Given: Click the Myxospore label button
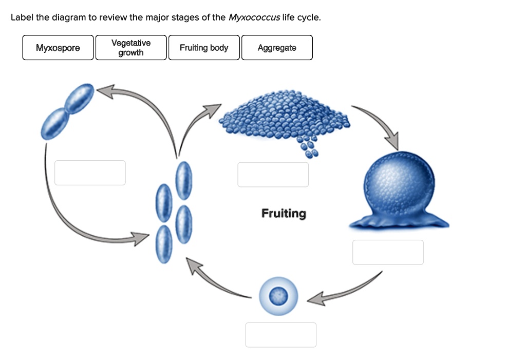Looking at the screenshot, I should pos(58,48).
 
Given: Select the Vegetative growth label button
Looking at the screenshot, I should pos(131,48).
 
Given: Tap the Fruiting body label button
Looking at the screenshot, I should pos(204,48).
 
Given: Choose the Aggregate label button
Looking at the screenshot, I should pos(277,48).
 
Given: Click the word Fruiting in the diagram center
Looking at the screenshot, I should pos(284,213).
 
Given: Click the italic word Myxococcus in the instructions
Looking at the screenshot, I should pos(254,17).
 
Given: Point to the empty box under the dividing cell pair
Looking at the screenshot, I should pos(90,173).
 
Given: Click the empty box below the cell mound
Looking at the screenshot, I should pos(273,175).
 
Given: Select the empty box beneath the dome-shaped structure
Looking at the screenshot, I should pos(388,252).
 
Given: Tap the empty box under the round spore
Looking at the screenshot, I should pos(280,335).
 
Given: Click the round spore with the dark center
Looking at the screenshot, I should pos(278,296).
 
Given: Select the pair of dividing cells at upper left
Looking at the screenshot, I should pos(68,111).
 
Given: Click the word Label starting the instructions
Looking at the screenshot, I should pos(22,17).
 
